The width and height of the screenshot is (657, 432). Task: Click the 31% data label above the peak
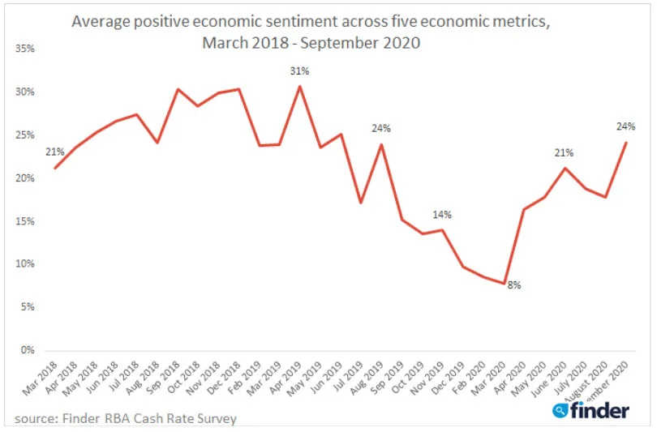pyautogui.click(x=300, y=71)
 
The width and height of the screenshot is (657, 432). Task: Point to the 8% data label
pyautogui.click(x=514, y=284)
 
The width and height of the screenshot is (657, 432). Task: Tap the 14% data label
pyautogui.click(x=442, y=215)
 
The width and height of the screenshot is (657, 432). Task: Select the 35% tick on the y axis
pyautogui.click(x=25, y=49)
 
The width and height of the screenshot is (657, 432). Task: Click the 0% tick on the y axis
pyautogui.click(x=28, y=350)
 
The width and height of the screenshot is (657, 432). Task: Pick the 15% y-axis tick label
pyautogui.click(x=25, y=221)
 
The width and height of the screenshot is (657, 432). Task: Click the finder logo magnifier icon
pyautogui.click(x=560, y=411)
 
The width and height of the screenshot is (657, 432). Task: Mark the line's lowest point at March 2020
pyautogui.click(x=504, y=284)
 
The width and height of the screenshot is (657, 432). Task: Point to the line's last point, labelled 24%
pyautogui.click(x=625, y=143)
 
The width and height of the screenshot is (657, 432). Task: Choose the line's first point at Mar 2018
pyautogui.click(x=55, y=168)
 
